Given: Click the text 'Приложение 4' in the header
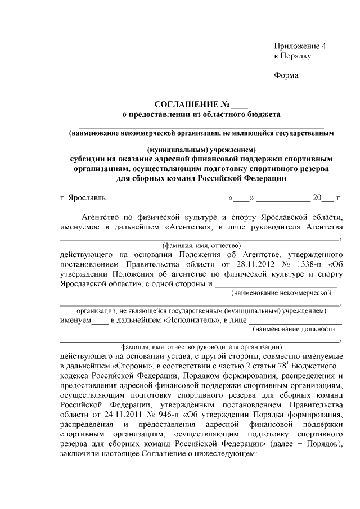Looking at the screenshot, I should tap(300, 46).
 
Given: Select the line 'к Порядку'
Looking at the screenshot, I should tap(292, 56).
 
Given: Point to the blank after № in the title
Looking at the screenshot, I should tap(240, 106).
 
